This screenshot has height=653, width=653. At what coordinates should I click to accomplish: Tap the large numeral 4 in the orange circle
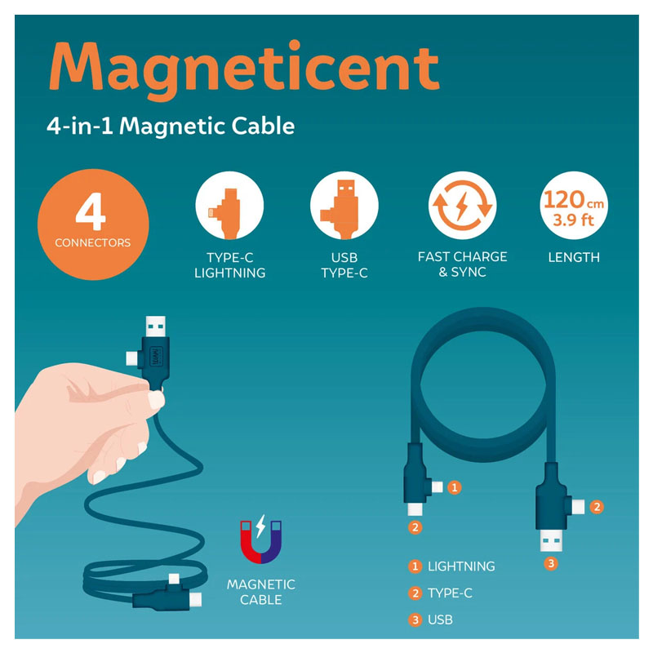pyautogui.click(x=91, y=211)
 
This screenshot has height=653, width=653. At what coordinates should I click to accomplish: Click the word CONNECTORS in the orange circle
pyautogui.click(x=93, y=242)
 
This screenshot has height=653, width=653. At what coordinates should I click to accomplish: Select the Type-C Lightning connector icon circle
pyautogui.click(x=229, y=206)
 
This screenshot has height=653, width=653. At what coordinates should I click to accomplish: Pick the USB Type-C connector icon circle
pyautogui.click(x=344, y=206)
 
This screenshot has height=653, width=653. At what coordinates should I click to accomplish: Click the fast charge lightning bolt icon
pyautogui.click(x=462, y=206)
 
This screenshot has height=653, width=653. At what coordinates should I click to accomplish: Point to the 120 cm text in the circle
pyautogui.click(x=574, y=200)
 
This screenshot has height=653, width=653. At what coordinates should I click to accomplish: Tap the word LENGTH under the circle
pyautogui.click(x=574, y=257)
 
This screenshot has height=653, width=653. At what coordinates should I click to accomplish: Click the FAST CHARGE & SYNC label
pyautogui.click(x=462, y=264)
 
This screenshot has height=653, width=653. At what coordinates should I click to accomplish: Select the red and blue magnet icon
pyautogui.click(x=261, y=540)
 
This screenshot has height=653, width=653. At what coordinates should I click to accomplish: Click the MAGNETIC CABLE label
pyautogui.click(x=261, y=593)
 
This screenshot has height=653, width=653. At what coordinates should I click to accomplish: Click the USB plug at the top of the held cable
pyautogui.click(x=155, y=326)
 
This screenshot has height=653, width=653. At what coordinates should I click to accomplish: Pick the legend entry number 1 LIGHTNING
pyautogui.click(x=452, y=566)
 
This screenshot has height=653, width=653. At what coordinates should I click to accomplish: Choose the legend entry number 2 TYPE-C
pyautogui.click(x=440, y=593)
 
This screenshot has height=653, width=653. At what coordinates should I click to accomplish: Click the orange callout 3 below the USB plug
pyautogui.click(x=551, y=564)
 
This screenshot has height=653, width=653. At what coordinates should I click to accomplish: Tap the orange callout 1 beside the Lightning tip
pyautogui.click(x=455, y=487)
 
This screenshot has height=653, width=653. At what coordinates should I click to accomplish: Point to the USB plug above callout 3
pyautogui.click(x=551, y=541)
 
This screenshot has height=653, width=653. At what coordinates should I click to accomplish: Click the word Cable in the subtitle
pyautogui.click(x=263, y=126)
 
